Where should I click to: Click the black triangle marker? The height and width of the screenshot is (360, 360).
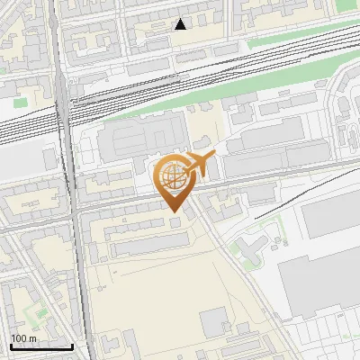point(181,24)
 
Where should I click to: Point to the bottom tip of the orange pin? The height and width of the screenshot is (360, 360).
point(175,211)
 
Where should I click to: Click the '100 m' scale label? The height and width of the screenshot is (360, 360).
point(23,338)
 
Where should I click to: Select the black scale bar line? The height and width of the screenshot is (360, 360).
point(41,346)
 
